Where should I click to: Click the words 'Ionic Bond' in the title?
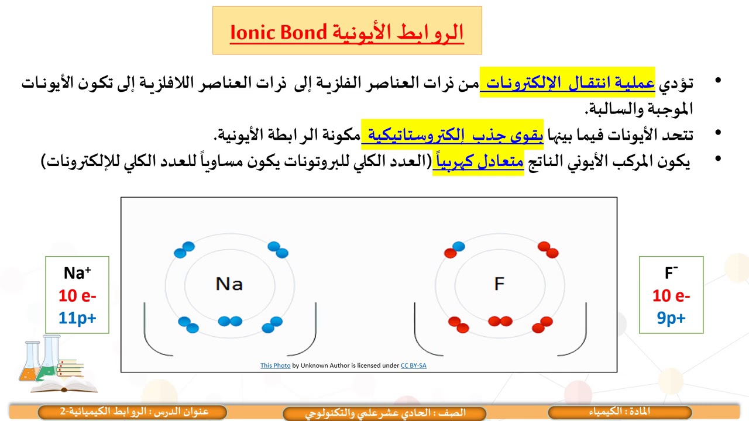[x=279, y=33]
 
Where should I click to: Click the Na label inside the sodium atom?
[x=229, y=284]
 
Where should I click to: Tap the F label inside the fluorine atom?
[x=499, y=284]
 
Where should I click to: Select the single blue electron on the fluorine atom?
[x=459, y=246]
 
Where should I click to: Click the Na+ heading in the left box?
[x=77, y=273]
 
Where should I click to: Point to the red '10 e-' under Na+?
[x=77, y=295]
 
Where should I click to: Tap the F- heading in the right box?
[x=671, y=273]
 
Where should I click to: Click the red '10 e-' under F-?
[x=671, y=296]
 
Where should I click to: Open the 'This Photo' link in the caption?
[x=275, y=365]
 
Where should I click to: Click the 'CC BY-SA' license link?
[x=413, y=365]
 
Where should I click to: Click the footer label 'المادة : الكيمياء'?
[x=620, y=412]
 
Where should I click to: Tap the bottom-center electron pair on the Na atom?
[x=229, y=321]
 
